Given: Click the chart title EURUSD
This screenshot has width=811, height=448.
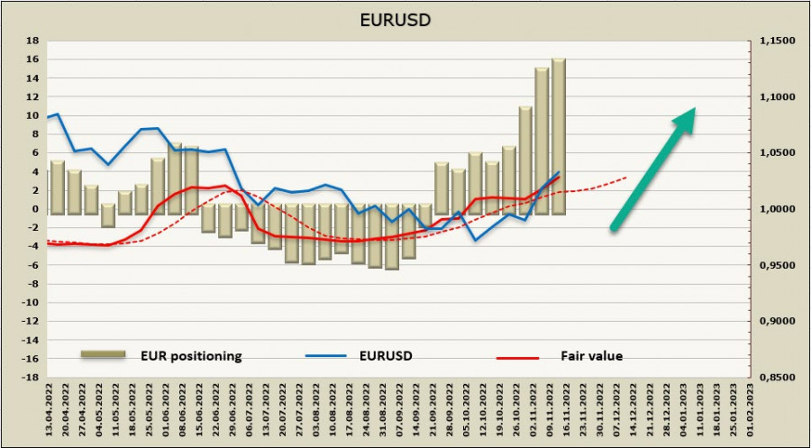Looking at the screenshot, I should (x=405, y=18).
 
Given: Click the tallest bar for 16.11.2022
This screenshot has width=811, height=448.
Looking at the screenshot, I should (x=559, y=135).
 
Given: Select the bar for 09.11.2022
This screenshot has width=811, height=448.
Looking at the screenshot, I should (x=542, y=140).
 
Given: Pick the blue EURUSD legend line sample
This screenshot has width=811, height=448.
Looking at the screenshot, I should (x=329, y=357).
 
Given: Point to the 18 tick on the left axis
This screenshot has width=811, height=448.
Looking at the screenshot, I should (x=32, y=41).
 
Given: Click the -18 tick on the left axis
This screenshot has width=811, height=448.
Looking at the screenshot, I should (x=30, y=378).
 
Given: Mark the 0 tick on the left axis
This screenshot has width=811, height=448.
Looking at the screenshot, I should (x=33, y=209).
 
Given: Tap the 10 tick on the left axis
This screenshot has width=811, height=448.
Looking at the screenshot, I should (x=32, y=115).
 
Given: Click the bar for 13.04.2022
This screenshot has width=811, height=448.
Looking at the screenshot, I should (x=57, y=187).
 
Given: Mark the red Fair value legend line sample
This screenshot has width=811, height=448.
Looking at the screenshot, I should (x=517, y=357).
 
